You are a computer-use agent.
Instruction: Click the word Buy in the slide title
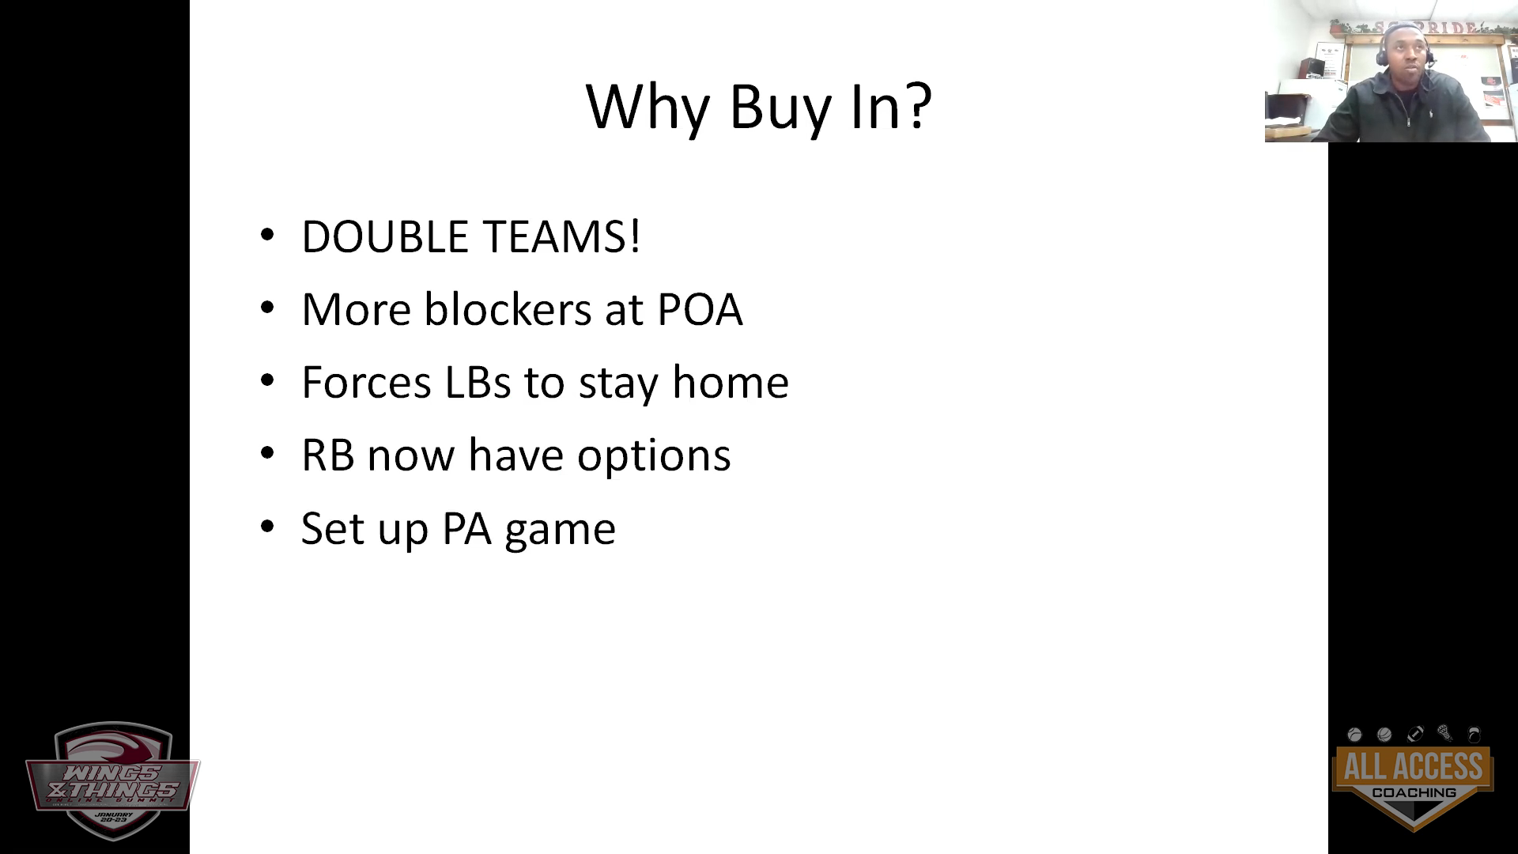coord(780,108)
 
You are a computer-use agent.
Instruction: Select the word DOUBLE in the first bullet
coord(385,236)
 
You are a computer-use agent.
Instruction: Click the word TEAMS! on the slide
coord(561,236)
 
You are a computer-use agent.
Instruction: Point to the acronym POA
coord(700,309)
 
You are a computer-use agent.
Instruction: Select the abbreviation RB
coord(328,455)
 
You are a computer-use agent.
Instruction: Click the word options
coord(654,457)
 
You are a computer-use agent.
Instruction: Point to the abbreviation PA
coord(466,528)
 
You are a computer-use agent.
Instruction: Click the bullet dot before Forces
coord(267,381)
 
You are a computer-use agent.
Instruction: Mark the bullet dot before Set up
coord(267,527)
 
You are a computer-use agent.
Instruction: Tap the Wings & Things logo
coord(111,780)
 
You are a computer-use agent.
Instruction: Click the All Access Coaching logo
coord(1413,777)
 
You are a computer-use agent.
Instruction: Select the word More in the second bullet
coord(357,309)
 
